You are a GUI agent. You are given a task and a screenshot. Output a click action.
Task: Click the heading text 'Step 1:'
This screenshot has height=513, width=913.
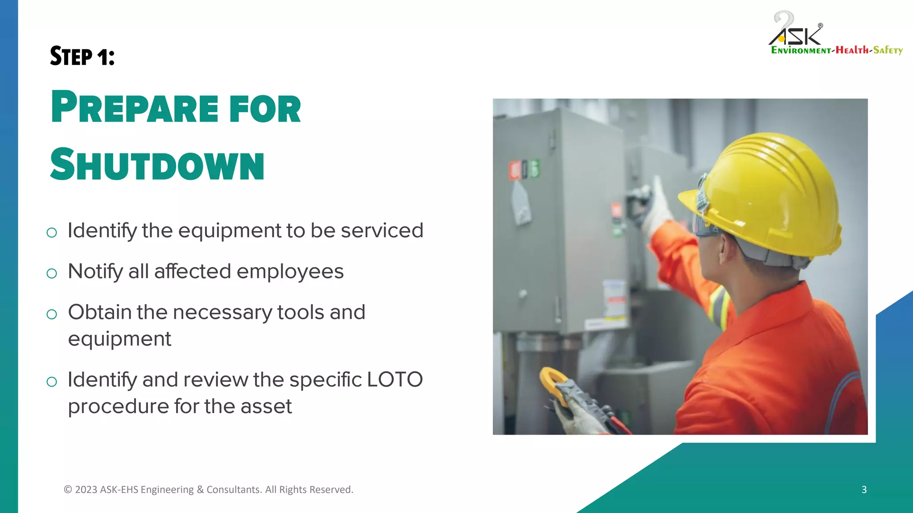pyautogui.click(x=82, y=57)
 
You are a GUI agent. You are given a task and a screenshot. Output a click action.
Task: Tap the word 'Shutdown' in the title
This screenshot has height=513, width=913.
pyautogui.click(x=157, y=165)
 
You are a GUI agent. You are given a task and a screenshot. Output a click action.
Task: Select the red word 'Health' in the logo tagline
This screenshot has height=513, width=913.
pyautogui.click(x=852, y=50)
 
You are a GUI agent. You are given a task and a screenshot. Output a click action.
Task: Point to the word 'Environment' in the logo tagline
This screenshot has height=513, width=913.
pyautogui.click(x=801, y=50)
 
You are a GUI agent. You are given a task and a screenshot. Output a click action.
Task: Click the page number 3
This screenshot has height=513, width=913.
pyautogui.click(x=864, y=489)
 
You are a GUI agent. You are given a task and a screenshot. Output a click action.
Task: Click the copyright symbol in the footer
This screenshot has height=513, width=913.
pyautogui.click(x=68, y=489)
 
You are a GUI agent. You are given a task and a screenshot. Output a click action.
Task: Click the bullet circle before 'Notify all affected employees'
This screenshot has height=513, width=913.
pyautogui.click(x=52, y=273)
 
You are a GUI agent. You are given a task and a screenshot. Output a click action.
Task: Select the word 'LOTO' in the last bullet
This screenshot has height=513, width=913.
pyautogui.click(x=395, y=380)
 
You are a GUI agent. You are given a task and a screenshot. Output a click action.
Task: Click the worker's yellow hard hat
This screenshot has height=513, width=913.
pyautogui.click(x=767, y=191)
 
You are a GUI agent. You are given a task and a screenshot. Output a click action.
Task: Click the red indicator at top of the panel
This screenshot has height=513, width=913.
pyautogui.click(x=515, y=171)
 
